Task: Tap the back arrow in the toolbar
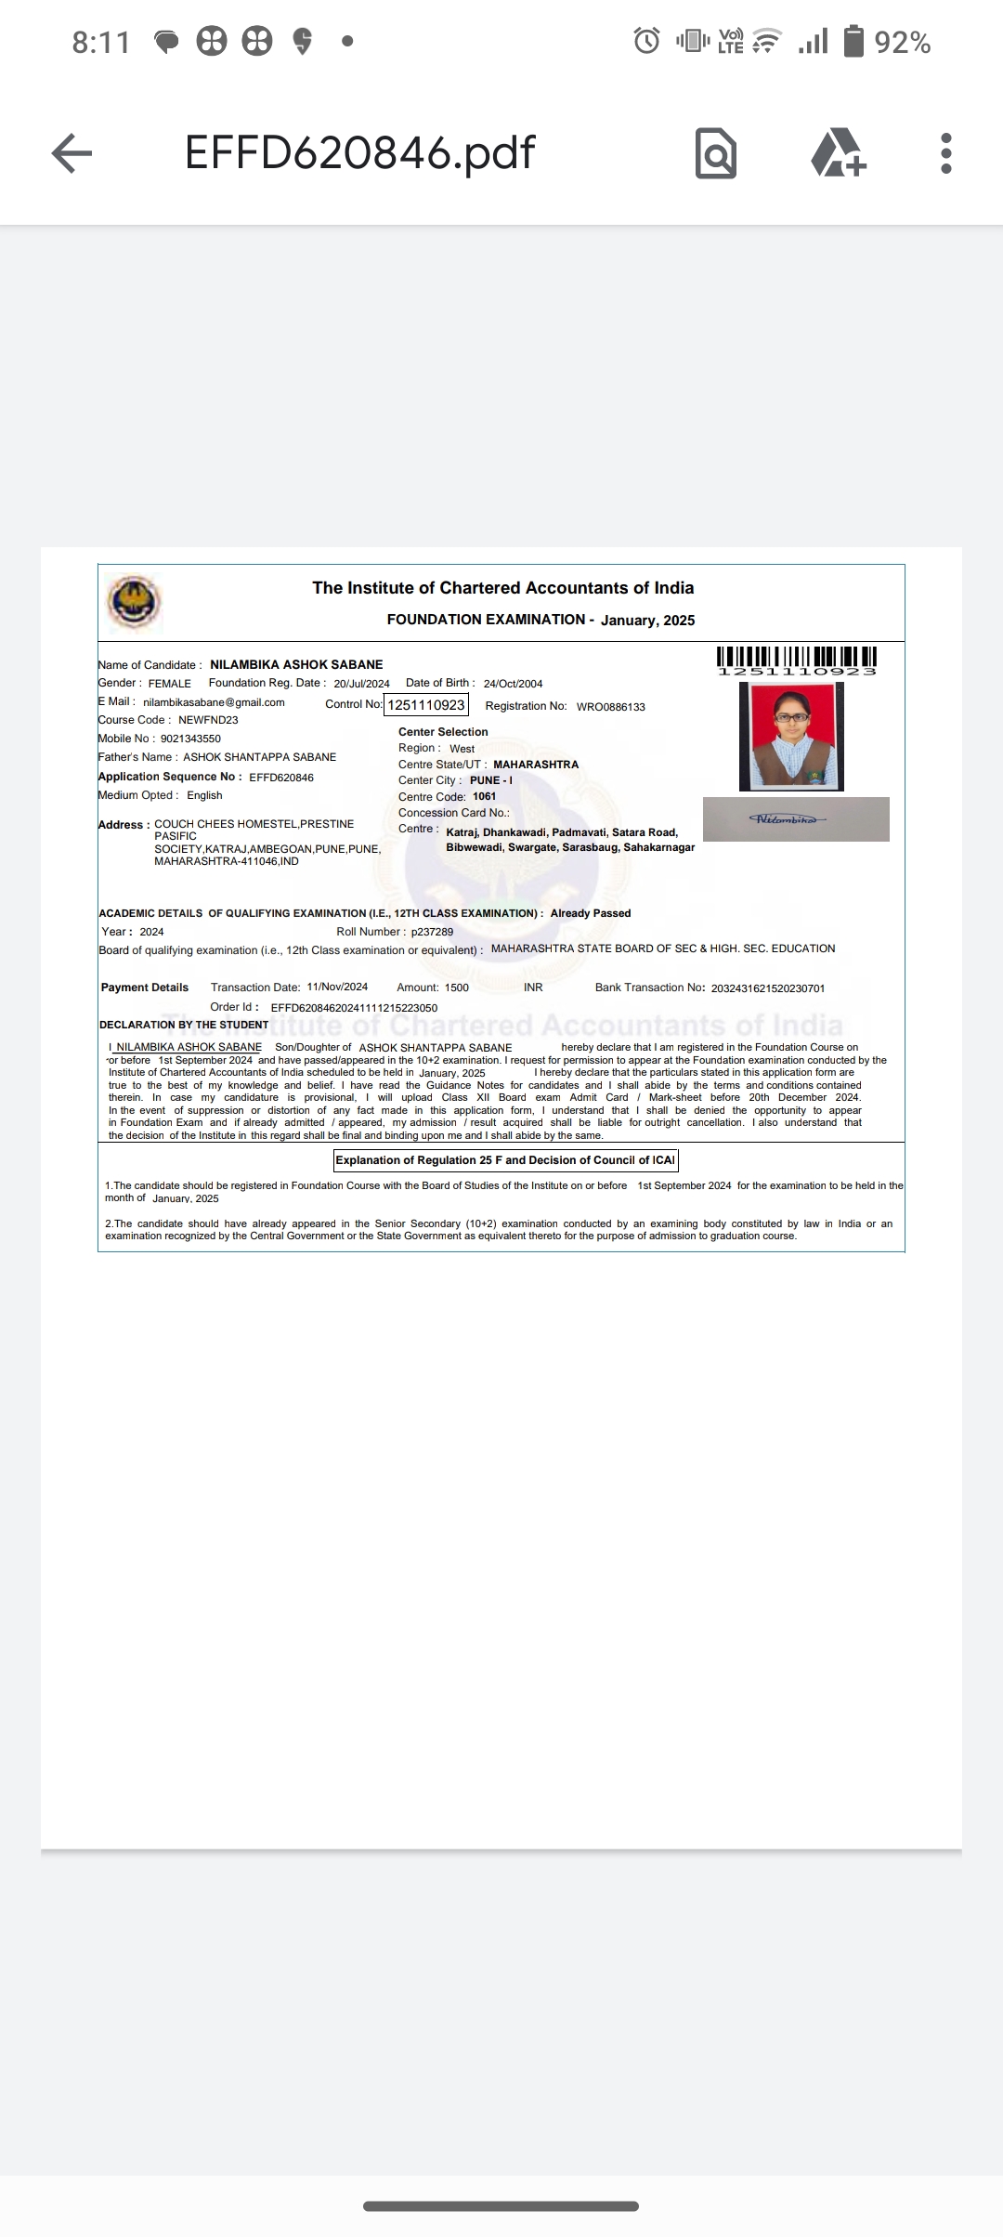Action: [72, 153]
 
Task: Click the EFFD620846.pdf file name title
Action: [359, 152]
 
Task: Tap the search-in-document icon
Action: [715, 153]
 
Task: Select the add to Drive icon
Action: [839, 153]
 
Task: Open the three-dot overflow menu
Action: [945, 153]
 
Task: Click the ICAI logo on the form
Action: [134, 602]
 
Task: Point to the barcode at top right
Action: [797, 660]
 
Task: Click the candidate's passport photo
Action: [791, 736]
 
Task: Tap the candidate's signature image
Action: [796, 819]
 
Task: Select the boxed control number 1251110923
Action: [426, 705]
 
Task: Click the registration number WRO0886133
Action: [610, 707]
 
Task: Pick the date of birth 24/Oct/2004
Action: [513, 684]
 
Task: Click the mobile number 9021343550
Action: [190, 739]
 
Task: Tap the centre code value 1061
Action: [484, 796]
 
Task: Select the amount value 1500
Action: [456, 988]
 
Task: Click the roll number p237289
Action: [432, 932]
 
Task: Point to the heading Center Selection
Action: [443, 732]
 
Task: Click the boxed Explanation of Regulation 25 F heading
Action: [505, 1160]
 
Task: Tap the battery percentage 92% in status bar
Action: [902, 43]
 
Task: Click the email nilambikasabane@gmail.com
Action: [214, 702]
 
